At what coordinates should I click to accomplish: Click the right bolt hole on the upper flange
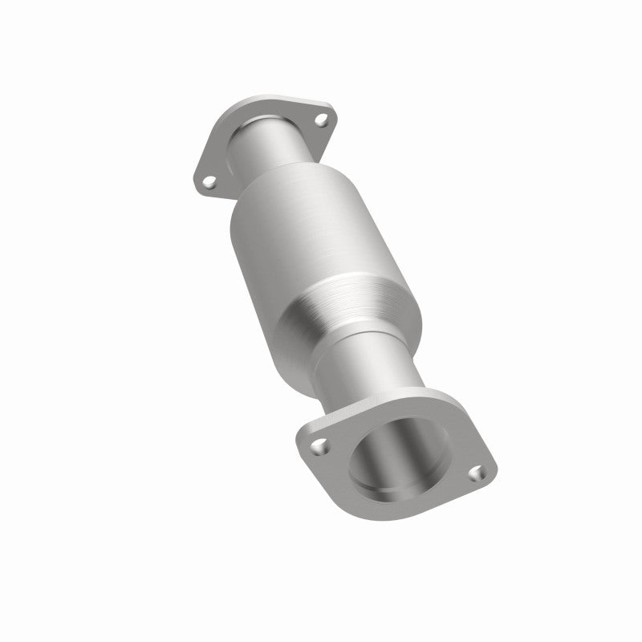[x=322, y=120]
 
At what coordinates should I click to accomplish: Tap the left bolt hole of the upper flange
[x=209, y=183]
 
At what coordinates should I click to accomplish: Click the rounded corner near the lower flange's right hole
[x=488, y=473]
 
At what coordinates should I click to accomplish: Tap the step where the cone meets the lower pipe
[x=337, y=341]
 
